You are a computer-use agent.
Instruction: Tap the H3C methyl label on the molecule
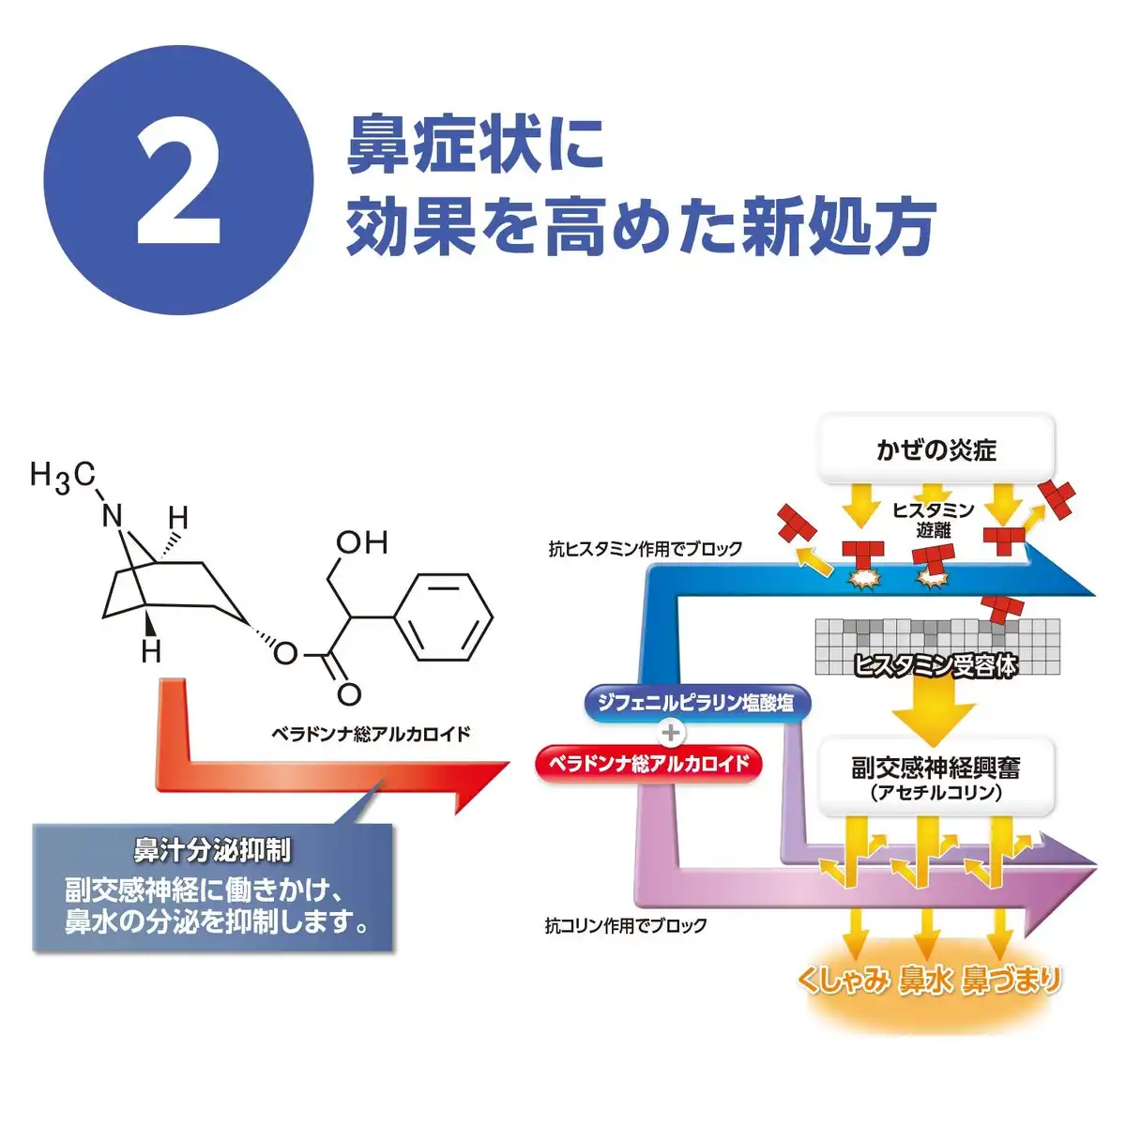point(62,477)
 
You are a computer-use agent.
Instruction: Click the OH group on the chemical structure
point(361,542)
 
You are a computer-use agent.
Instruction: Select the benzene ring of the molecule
point(442,616)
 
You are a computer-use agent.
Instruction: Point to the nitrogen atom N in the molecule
point(113,515)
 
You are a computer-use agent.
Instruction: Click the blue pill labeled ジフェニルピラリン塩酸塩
point(695,702)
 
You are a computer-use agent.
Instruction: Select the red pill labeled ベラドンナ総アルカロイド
point(649,763)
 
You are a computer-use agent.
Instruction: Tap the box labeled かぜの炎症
point(936,449)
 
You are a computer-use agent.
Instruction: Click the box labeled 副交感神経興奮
point(936,778)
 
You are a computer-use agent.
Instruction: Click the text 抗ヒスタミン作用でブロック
point(646,549)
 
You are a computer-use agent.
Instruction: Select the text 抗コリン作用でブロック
point(626,925)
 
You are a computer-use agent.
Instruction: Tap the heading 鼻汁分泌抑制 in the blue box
point(212,850)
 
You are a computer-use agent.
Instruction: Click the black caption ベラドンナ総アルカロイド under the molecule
point(371,734)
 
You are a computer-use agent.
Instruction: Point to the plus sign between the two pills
point(671,733)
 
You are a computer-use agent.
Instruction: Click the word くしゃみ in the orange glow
point(844,981)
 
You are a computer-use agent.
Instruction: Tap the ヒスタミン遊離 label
point(933,520)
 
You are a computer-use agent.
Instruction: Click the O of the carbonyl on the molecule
point(349,694)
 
